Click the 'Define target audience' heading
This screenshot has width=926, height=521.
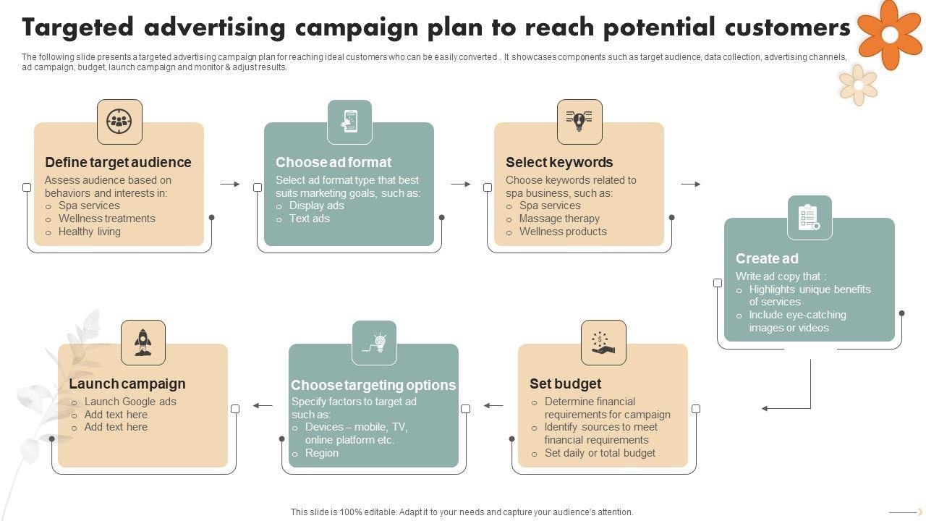tap(118, 162)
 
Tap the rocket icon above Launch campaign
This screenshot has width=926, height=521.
tap(143, 342)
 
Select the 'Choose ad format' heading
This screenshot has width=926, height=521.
tap(334, 162)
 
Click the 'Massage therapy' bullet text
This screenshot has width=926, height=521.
tap(559, 219)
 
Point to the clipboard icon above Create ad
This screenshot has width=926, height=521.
tap(809, 218)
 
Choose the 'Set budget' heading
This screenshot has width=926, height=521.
tap(565, 384)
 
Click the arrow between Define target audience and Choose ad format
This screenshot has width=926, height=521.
tap(230, 185)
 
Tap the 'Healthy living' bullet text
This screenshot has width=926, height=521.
tap(89, 232)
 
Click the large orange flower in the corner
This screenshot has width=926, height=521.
tap(890, 33)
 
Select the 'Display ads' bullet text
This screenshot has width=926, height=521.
tap(316, 206)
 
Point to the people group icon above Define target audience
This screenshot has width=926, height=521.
tap(119, 122)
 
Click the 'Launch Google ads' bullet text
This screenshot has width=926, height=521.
tap(130, 402)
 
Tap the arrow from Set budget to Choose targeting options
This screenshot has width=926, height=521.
tap(493, 406)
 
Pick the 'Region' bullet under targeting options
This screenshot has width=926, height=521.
tap(321, 453)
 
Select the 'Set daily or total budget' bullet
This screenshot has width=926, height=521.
tap(600, 453)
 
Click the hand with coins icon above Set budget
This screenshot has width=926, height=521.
tap(603, 342)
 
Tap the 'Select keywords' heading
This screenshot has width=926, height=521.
tap(559, 162)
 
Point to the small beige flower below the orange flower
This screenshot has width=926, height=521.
tap(858, 85)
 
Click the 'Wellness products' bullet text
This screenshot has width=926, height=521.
tap(563, 232)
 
